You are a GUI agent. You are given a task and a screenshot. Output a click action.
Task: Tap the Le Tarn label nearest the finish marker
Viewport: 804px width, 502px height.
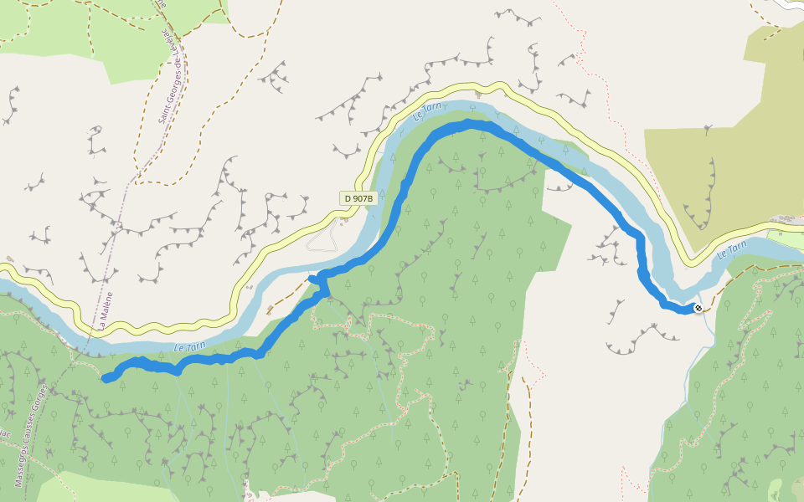[731, 249]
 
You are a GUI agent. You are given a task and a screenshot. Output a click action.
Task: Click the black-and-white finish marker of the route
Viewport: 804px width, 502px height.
[698, 309]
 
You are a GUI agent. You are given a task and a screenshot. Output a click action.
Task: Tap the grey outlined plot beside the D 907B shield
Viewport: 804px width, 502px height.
[323, 239]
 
